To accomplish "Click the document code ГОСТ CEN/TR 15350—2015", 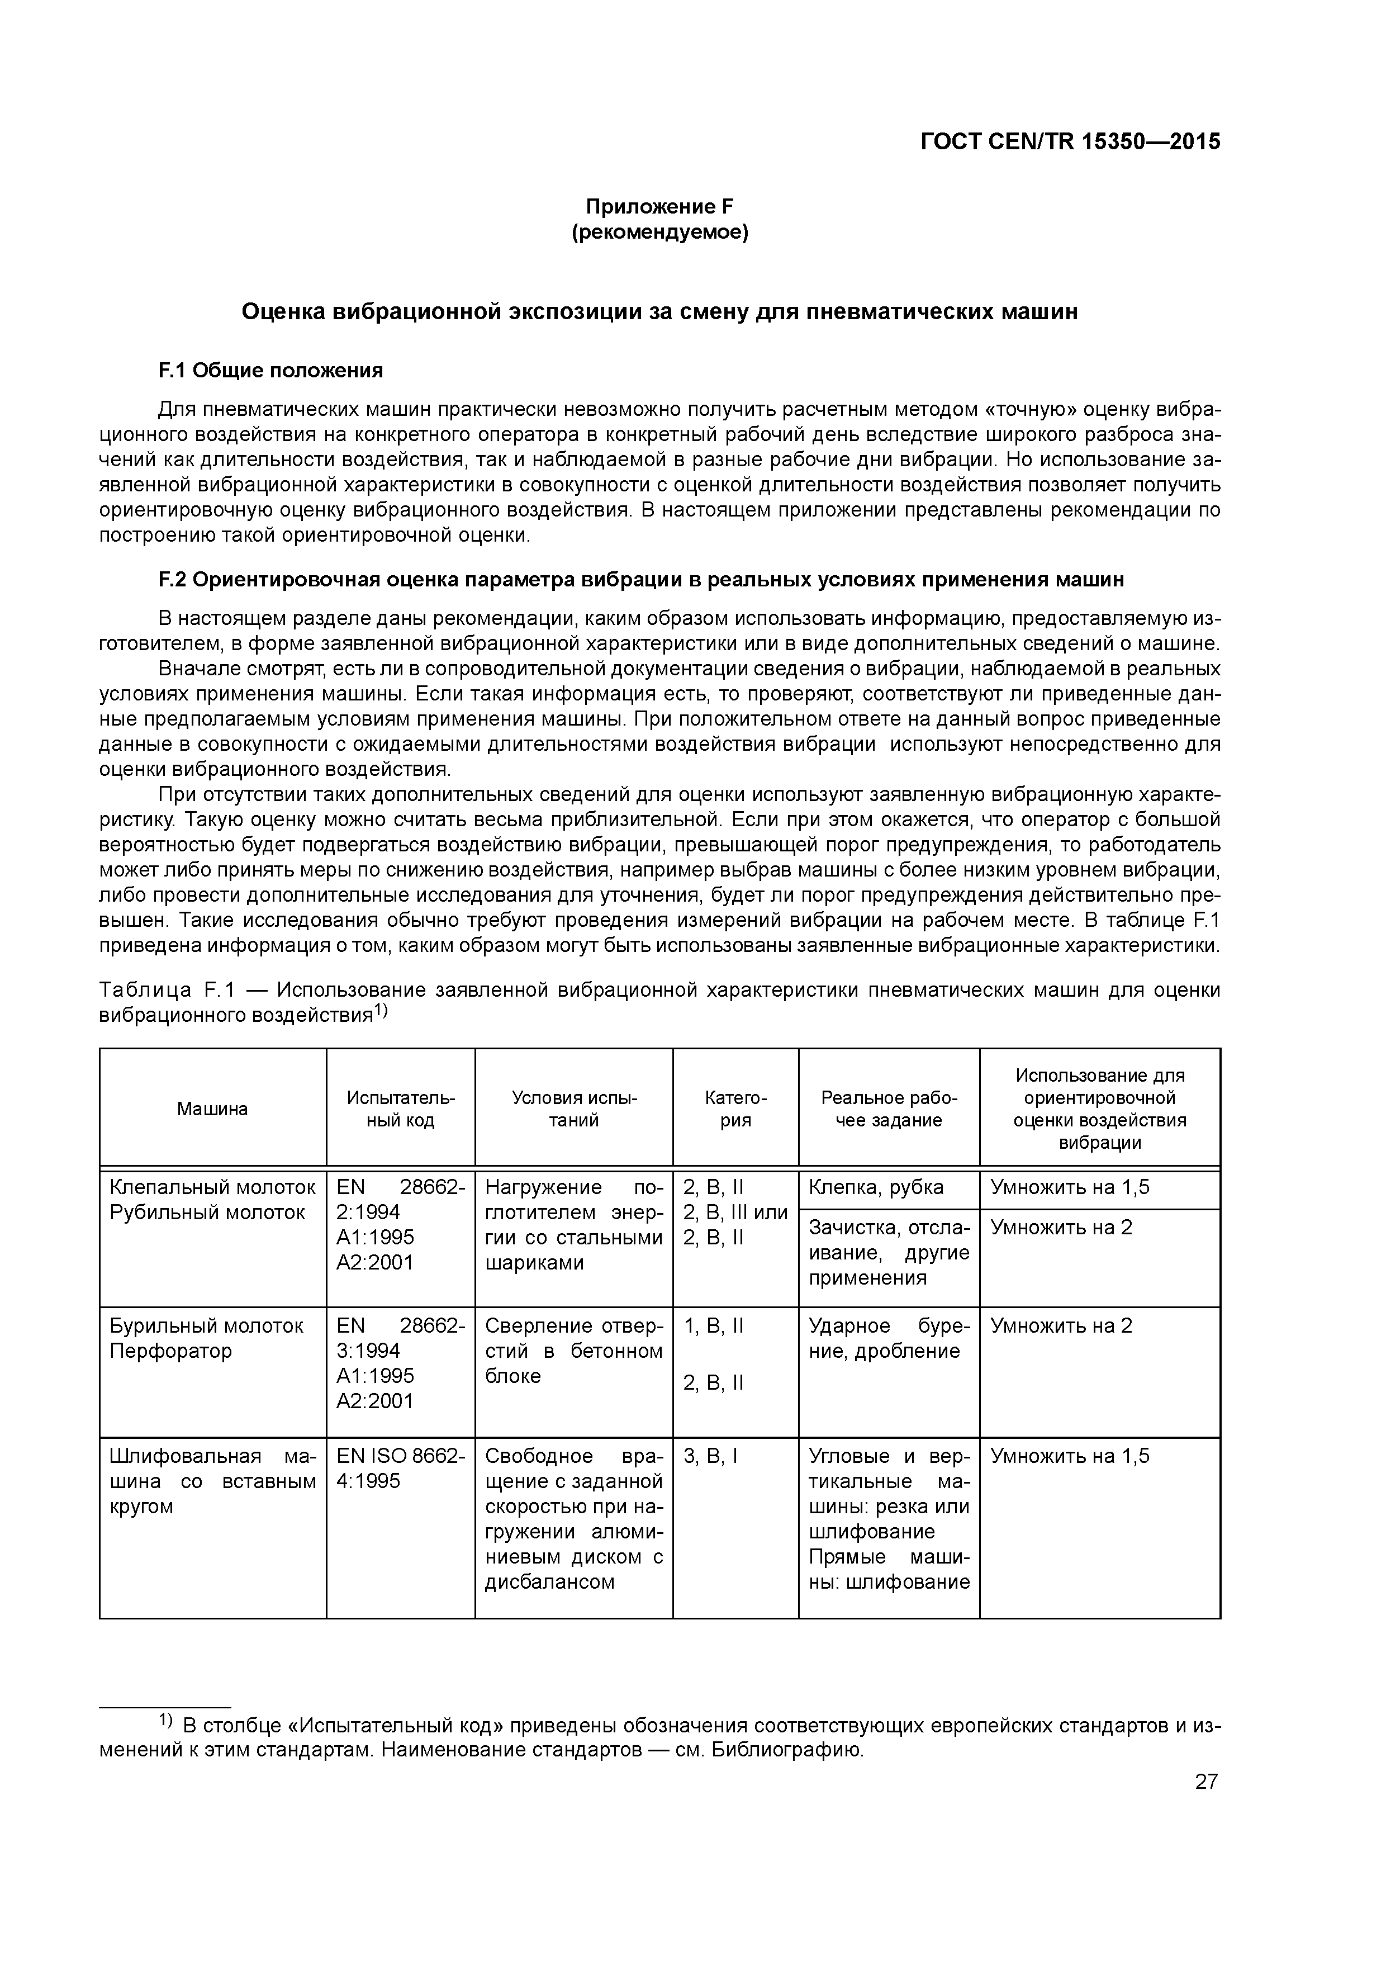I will (x=1070, y=142).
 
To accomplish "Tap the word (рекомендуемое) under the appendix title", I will (x=659, y=233).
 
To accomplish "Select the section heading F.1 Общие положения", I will (x=270, y=370).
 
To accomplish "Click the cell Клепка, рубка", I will (x=875, y=1187).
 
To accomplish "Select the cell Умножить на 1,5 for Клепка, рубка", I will (x=1069, y=1187).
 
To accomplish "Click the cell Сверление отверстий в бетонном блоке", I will (x=573, y=1351).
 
